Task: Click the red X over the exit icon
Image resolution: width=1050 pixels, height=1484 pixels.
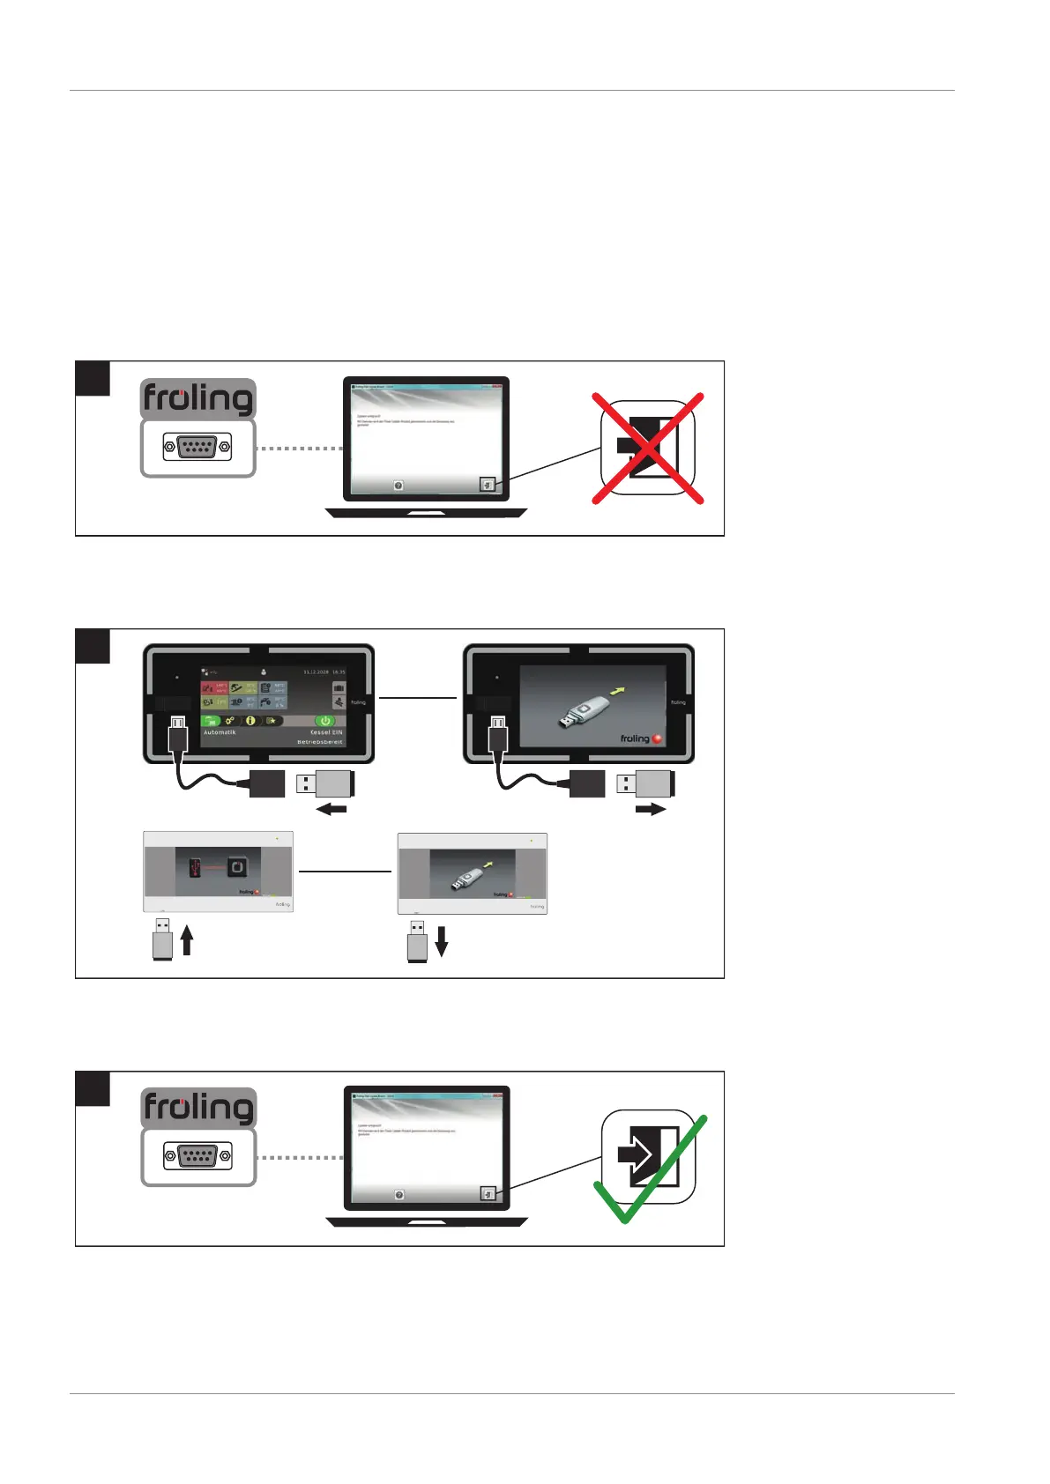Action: coord(648,449)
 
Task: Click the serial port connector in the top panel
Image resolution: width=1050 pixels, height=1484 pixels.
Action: coord(197,447)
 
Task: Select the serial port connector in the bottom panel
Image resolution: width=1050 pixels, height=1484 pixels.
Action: coord(197,1155)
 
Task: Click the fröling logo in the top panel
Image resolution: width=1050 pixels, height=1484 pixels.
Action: coord(197,399)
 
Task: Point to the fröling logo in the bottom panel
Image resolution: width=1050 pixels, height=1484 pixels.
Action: coord(197,1108)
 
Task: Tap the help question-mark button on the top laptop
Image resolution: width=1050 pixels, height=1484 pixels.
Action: coord(398,486)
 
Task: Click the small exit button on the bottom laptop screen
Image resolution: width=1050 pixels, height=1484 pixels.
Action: coord(488,1194)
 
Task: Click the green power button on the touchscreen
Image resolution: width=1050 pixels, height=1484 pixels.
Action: coord(324,720)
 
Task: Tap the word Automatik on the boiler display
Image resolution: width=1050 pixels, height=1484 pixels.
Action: coord(220,732)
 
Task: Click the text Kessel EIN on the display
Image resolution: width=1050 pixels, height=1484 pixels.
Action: coord(326,732)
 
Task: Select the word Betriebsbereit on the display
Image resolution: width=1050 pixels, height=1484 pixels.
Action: coord(320,742)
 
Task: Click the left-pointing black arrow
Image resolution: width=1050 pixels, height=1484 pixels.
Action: coord(331,810)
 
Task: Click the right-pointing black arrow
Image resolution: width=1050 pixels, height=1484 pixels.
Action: coord(651,810)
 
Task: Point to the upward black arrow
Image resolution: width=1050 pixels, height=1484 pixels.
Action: coord(187,939)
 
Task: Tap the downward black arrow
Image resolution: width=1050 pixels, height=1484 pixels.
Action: coord(442,940)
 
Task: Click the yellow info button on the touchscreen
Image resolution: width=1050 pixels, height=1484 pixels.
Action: coord(250,720)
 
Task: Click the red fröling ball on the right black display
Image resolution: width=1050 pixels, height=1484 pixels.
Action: coord(657,738)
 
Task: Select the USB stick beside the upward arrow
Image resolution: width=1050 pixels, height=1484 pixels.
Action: coord(162,939)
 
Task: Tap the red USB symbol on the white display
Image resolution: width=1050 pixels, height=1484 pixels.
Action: coord(195,868)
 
